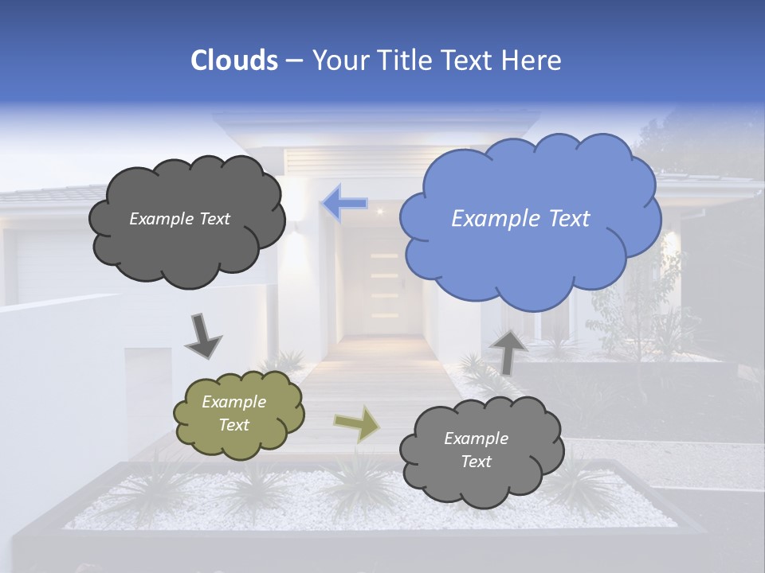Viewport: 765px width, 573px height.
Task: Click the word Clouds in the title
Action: pos(233,60)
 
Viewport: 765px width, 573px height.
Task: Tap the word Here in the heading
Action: pos(532,60)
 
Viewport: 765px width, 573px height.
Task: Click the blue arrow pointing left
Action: pos(344,204)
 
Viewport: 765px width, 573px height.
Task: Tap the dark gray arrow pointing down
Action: pos(204,336)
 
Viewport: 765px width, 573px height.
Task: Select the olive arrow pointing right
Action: pos(356,423)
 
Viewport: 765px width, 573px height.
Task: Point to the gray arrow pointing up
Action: pos(508,351)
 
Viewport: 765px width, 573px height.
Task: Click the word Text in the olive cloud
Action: pos(234,425)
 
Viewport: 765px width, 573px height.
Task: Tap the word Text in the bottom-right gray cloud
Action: pos(477,462)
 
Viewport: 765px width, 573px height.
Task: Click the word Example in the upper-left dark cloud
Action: pos(159,219)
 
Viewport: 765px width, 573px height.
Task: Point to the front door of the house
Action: pos(385,286)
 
